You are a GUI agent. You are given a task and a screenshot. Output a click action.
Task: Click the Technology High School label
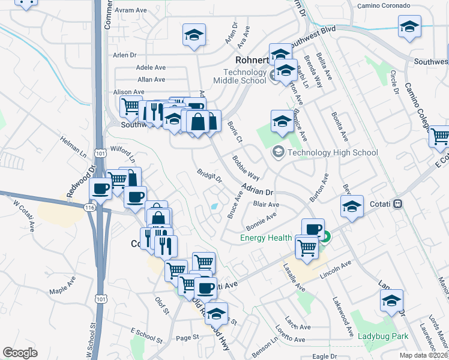333,152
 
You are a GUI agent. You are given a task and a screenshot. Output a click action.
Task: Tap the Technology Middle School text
241,76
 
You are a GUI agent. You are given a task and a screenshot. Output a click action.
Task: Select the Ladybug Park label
382,337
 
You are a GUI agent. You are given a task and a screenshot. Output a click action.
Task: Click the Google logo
20,353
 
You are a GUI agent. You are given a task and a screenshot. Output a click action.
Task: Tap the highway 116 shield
90,207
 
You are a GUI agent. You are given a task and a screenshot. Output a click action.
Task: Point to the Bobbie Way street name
246,169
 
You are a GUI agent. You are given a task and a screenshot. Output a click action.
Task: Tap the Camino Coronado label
384,6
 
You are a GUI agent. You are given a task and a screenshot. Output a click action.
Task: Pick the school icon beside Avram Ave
194,34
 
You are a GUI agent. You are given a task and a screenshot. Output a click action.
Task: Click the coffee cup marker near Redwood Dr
100,189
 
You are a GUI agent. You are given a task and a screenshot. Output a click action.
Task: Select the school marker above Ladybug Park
391,300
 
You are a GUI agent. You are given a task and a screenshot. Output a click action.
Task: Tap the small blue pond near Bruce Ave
215,207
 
